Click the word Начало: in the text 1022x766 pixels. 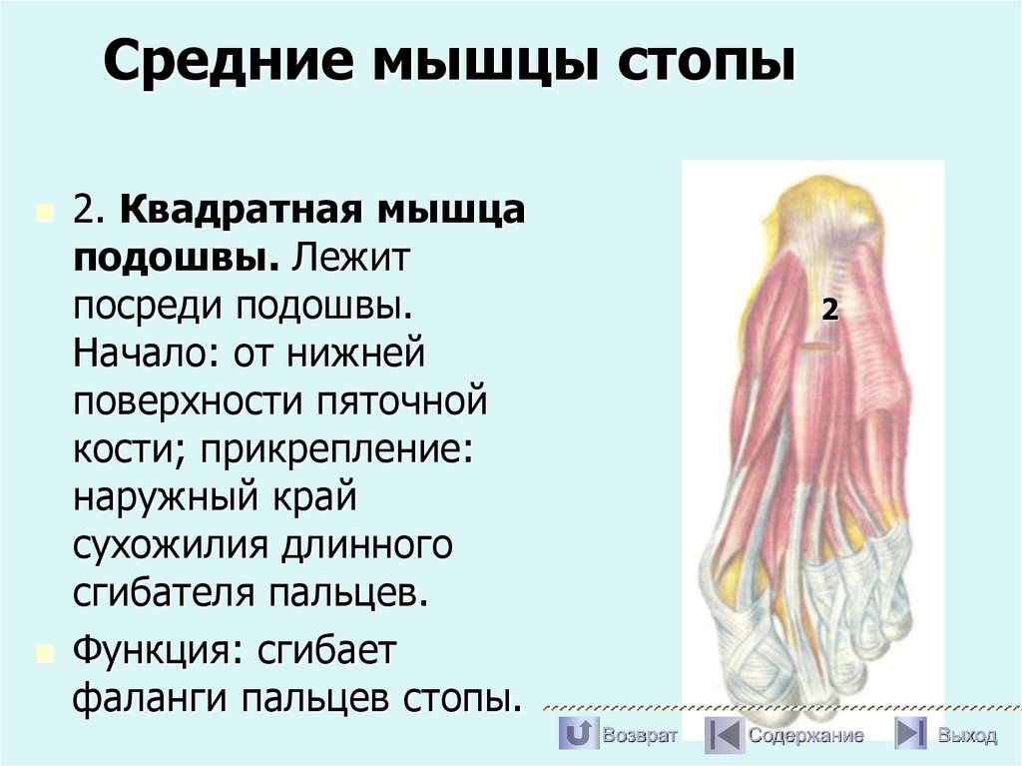pyautogui.click(x=146, y=352)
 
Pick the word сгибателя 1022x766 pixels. pyautogui.click(x=164, y=592)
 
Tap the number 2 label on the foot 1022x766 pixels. pyautogui.click(x=829, y=310)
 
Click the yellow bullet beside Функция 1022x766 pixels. pyautogui.click(x=43, y=652)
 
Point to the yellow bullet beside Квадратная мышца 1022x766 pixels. pyautogui.click(x=43, y=213)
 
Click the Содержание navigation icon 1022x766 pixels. pyautogui.click(x=723, y=735)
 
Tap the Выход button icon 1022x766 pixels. pyautogui.click(x=909, y=735)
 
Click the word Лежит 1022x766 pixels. pyautogui.click(x=350, y=259)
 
